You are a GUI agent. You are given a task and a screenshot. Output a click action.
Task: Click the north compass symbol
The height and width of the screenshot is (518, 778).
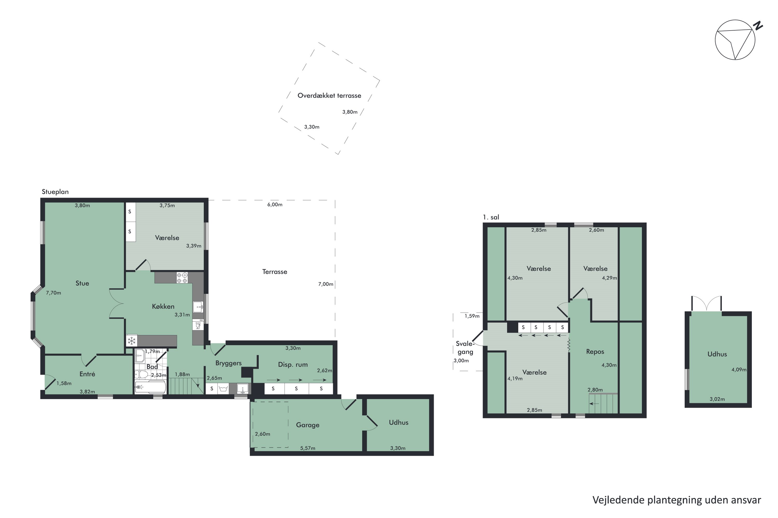click(x=735, y=40)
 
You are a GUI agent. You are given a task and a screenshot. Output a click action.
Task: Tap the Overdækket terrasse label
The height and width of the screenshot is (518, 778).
click(x=329, y=96)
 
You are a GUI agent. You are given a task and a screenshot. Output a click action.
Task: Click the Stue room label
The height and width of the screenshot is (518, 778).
click(x=82, y=283)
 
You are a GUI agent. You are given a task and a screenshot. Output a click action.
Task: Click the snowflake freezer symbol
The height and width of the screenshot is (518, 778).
click(x=132, y=341)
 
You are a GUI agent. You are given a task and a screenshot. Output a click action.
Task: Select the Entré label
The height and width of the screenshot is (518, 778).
click(x=87, y=374)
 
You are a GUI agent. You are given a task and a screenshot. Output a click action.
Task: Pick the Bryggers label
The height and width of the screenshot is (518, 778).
click(x=228, y=363)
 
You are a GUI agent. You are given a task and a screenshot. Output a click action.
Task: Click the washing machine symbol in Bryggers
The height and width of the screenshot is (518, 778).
click(x=224, y=389)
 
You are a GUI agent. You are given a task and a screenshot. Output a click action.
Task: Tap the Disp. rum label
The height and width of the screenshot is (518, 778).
click(x=293, y=365)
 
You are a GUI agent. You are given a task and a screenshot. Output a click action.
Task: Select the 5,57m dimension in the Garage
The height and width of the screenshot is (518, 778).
click(x=308, y=448)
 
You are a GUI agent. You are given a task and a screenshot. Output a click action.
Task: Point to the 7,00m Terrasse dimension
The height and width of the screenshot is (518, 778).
click(x=325, y=284)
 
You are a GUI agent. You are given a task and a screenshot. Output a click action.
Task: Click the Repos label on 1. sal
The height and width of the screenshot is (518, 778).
click(x=595, y=352)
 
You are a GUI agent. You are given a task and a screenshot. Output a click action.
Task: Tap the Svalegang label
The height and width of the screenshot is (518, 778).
click(x=465, y=348)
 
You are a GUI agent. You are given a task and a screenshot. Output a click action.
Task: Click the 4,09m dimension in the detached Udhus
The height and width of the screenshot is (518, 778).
click(x=739, y=370)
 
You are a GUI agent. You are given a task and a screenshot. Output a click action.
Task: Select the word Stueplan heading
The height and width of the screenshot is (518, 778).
click(x=55, y=192)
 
